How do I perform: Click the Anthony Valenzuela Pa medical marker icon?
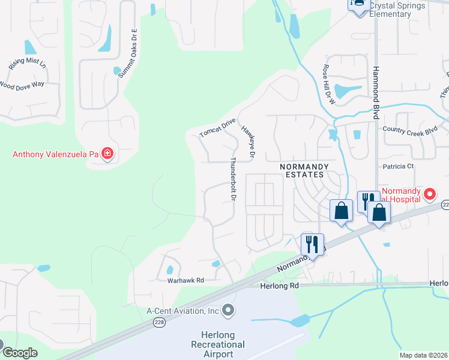pos(107,154)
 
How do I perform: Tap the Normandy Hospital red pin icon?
pos(430,194)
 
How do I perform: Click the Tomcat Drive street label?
pos(217,128)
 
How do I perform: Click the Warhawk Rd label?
pos(185,280)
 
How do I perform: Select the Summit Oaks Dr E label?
pos(127,53)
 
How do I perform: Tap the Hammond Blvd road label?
pos(377,90)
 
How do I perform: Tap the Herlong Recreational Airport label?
pos(218,344)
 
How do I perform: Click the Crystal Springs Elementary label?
pos(397,10)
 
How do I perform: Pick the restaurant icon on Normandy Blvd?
pos(312,244)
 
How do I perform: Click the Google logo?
pos(20,353)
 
